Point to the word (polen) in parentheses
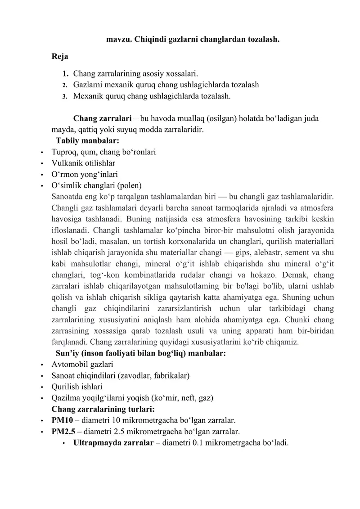(130, 185)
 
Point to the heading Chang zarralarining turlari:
(103, 409)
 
